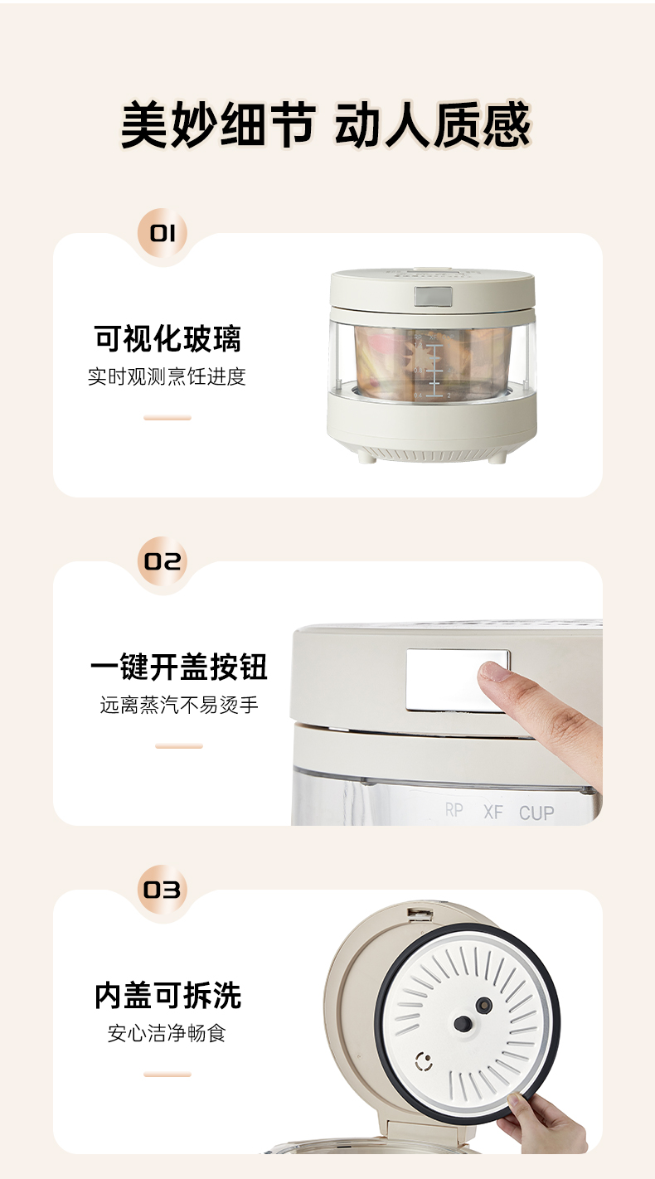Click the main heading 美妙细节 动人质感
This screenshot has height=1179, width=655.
[x=325, y=124]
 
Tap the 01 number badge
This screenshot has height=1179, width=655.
[x=163, y=233]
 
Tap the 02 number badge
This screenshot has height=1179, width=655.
[x=163, y=561]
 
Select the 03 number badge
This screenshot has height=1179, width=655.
[x=163, y=890]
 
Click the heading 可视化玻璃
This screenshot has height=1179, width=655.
[x=167, y=338]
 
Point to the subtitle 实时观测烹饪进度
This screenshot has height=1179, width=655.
[x=167, y=377]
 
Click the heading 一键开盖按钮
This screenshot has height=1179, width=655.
[x=179, y=667]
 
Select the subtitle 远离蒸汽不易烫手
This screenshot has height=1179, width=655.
[x=179, y=705]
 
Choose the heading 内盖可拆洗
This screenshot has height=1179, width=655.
[x=168, y=995]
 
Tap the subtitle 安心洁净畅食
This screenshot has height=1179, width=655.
[x=167, y=1033]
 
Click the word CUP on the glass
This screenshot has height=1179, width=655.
[x=536, y=813]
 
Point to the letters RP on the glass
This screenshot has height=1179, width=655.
[x=454, y=810]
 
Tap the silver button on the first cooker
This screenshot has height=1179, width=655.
[x=434, y=296]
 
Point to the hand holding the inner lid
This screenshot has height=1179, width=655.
[x=542, y=1122]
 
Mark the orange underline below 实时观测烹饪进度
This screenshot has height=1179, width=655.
[x=167, y=418]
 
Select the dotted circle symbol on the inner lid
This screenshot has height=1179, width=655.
[x=424, y=1061]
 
